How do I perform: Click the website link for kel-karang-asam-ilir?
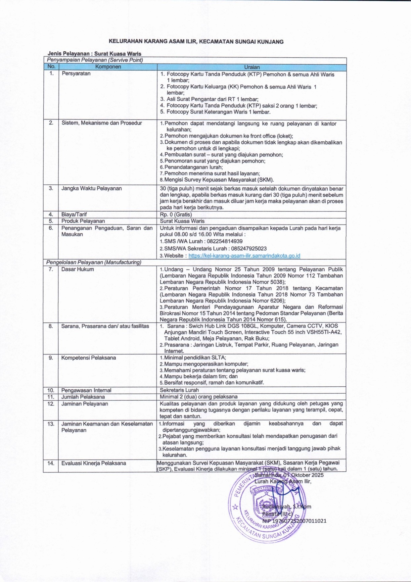coord(244,256)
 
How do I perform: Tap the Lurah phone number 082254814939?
coord(224,241)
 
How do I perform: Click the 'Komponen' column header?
coord(108,67)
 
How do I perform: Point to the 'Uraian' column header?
coord(252,67)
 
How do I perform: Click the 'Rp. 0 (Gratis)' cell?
coord(176,215)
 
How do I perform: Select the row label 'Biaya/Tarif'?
coord(74,215)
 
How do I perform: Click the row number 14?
coord(51,463)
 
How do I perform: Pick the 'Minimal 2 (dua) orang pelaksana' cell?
coord(199,397)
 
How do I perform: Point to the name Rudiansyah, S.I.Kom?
coord(287,507)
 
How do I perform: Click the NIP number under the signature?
coord(294,521)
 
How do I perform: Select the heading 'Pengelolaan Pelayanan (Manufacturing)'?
coord(94,262)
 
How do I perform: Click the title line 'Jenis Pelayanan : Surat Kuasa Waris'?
coord(94,54)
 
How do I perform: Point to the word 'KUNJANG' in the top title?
coord(271,42)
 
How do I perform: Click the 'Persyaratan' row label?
coord(76,73)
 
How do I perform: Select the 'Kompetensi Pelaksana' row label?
coord(88,358)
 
